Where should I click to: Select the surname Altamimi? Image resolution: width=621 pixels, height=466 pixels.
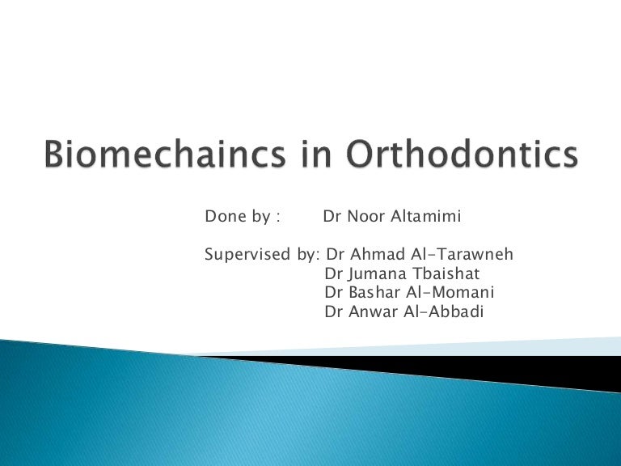(x=429, y=217)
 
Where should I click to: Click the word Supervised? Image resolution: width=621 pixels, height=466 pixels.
(x=247, y=256)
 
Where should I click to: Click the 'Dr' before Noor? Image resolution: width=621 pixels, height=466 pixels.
(x=332, y=217)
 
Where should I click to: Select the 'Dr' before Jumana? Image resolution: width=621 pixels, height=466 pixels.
(x=333, y=274)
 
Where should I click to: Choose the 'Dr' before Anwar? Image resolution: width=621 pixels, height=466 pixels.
(x=333, y=311)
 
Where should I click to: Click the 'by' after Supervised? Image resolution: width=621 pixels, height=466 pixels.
(x=308, y=256)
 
